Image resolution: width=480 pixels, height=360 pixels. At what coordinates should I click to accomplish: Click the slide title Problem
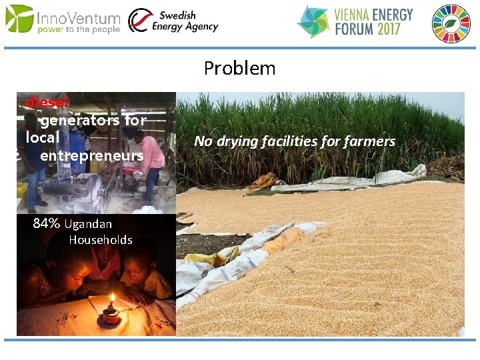pyautogui.click(x=239, y=68)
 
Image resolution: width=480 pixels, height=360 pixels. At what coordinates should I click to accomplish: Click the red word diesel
pyautogui.click(x=47, y=103)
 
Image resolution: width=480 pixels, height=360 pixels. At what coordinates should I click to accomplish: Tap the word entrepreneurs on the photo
pyautogui.click(x=91, y=155)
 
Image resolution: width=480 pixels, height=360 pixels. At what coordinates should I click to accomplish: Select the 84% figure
pyautogui.click(x=47, y=223)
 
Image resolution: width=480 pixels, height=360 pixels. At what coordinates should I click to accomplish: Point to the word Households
pyautogui.click(x=101, y=240)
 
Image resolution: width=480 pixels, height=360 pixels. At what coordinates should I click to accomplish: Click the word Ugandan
pyautogui.click(x=88, y=224)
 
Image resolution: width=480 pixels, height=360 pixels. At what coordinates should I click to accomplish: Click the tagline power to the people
pyautogui.click(x=79, y=30)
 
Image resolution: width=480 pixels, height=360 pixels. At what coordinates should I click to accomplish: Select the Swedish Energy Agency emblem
pyautogui.click(x=139, y=21)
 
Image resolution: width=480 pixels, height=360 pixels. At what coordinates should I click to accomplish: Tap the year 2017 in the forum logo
pyautogui.click(x=393, y=29)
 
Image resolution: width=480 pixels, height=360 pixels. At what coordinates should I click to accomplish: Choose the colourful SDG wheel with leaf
pyautogui.click(x=451, y=23)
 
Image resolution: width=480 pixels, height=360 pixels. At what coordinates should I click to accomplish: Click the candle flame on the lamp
pyautogui.click(x=112, y=299)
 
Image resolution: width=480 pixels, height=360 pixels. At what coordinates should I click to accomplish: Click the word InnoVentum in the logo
pyautogui.click(x=79, y=18)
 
